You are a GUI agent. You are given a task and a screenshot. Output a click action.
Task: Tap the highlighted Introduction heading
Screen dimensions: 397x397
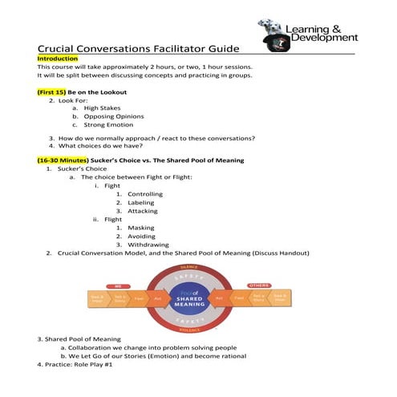(58, 59)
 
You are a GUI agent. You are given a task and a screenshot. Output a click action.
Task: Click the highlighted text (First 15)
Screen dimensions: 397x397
(51, 92)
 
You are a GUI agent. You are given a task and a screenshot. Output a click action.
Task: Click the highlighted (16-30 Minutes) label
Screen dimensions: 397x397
(64, 160)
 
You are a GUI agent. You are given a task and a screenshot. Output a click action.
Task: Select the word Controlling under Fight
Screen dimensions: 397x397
(146, 194)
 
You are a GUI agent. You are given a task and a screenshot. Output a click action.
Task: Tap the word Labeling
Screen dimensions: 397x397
(141, 203)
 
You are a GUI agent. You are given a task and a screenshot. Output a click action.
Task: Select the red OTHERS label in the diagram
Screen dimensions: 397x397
(259, 285)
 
